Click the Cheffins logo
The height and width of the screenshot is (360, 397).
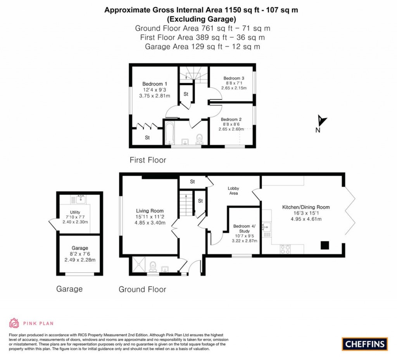point(364,344)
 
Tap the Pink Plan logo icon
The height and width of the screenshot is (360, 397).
point(14,323)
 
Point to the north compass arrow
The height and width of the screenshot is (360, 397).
point(321,121)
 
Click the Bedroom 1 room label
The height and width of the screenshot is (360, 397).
point(155,84)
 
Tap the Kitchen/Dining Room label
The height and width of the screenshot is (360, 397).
point(306,207)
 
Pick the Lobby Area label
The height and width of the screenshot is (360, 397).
point(233,190)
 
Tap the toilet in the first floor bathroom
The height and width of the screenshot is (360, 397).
point(200,138)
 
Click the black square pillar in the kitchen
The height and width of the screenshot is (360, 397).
point(325,245)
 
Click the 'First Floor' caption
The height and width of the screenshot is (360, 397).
point(148,160)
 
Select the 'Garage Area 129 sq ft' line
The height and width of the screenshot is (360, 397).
point(202,47)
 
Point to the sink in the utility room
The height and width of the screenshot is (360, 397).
point(81,200)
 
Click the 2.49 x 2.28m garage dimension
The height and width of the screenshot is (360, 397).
point(80,260)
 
